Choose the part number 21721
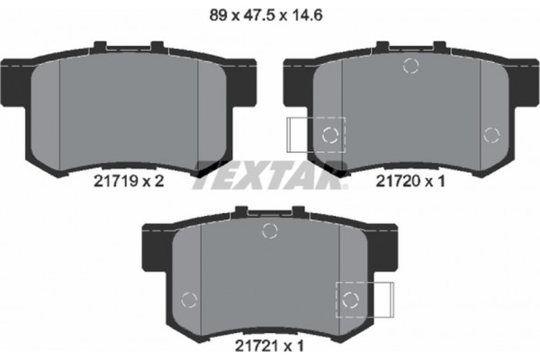point(256,342)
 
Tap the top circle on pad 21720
point(411,65)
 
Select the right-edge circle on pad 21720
point(490,135)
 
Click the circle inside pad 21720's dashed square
point(329,135)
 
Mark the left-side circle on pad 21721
point(188,300)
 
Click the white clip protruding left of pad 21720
point(297,135)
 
